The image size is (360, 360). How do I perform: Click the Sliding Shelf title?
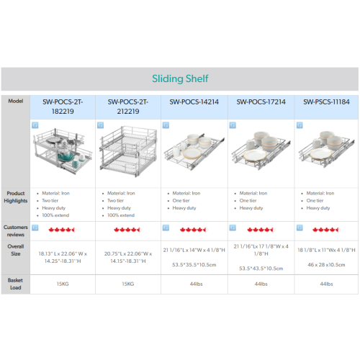[180, 78]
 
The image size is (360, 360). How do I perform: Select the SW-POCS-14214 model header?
[194, 102]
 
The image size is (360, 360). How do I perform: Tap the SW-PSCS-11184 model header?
[326, 102]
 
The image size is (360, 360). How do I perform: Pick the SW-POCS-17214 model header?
[261, 102]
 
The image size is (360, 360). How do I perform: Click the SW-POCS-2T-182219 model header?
[63, 107]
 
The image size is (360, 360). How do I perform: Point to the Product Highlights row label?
[16, 197]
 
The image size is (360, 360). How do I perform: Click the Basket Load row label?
[15, 284]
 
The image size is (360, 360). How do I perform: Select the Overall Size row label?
[16, 250]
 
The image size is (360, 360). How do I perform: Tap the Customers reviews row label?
[16, 230]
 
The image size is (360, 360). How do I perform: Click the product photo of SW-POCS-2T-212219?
[128, 151]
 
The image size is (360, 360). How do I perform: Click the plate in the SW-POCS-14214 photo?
[192, 153]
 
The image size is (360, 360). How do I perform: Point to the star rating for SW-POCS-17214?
[261, 230]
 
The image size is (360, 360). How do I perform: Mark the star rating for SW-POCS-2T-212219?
[127, 230]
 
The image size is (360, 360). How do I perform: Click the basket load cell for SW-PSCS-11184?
[326, 284]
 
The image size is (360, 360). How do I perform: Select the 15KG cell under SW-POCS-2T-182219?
[63, 284]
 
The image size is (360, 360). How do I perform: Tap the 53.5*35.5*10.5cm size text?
[194, 265]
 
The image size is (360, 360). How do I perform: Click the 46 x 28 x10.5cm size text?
[326, 265]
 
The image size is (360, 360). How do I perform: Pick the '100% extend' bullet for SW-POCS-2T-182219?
[55, 215]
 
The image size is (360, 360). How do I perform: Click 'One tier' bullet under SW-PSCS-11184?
[315, 200]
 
